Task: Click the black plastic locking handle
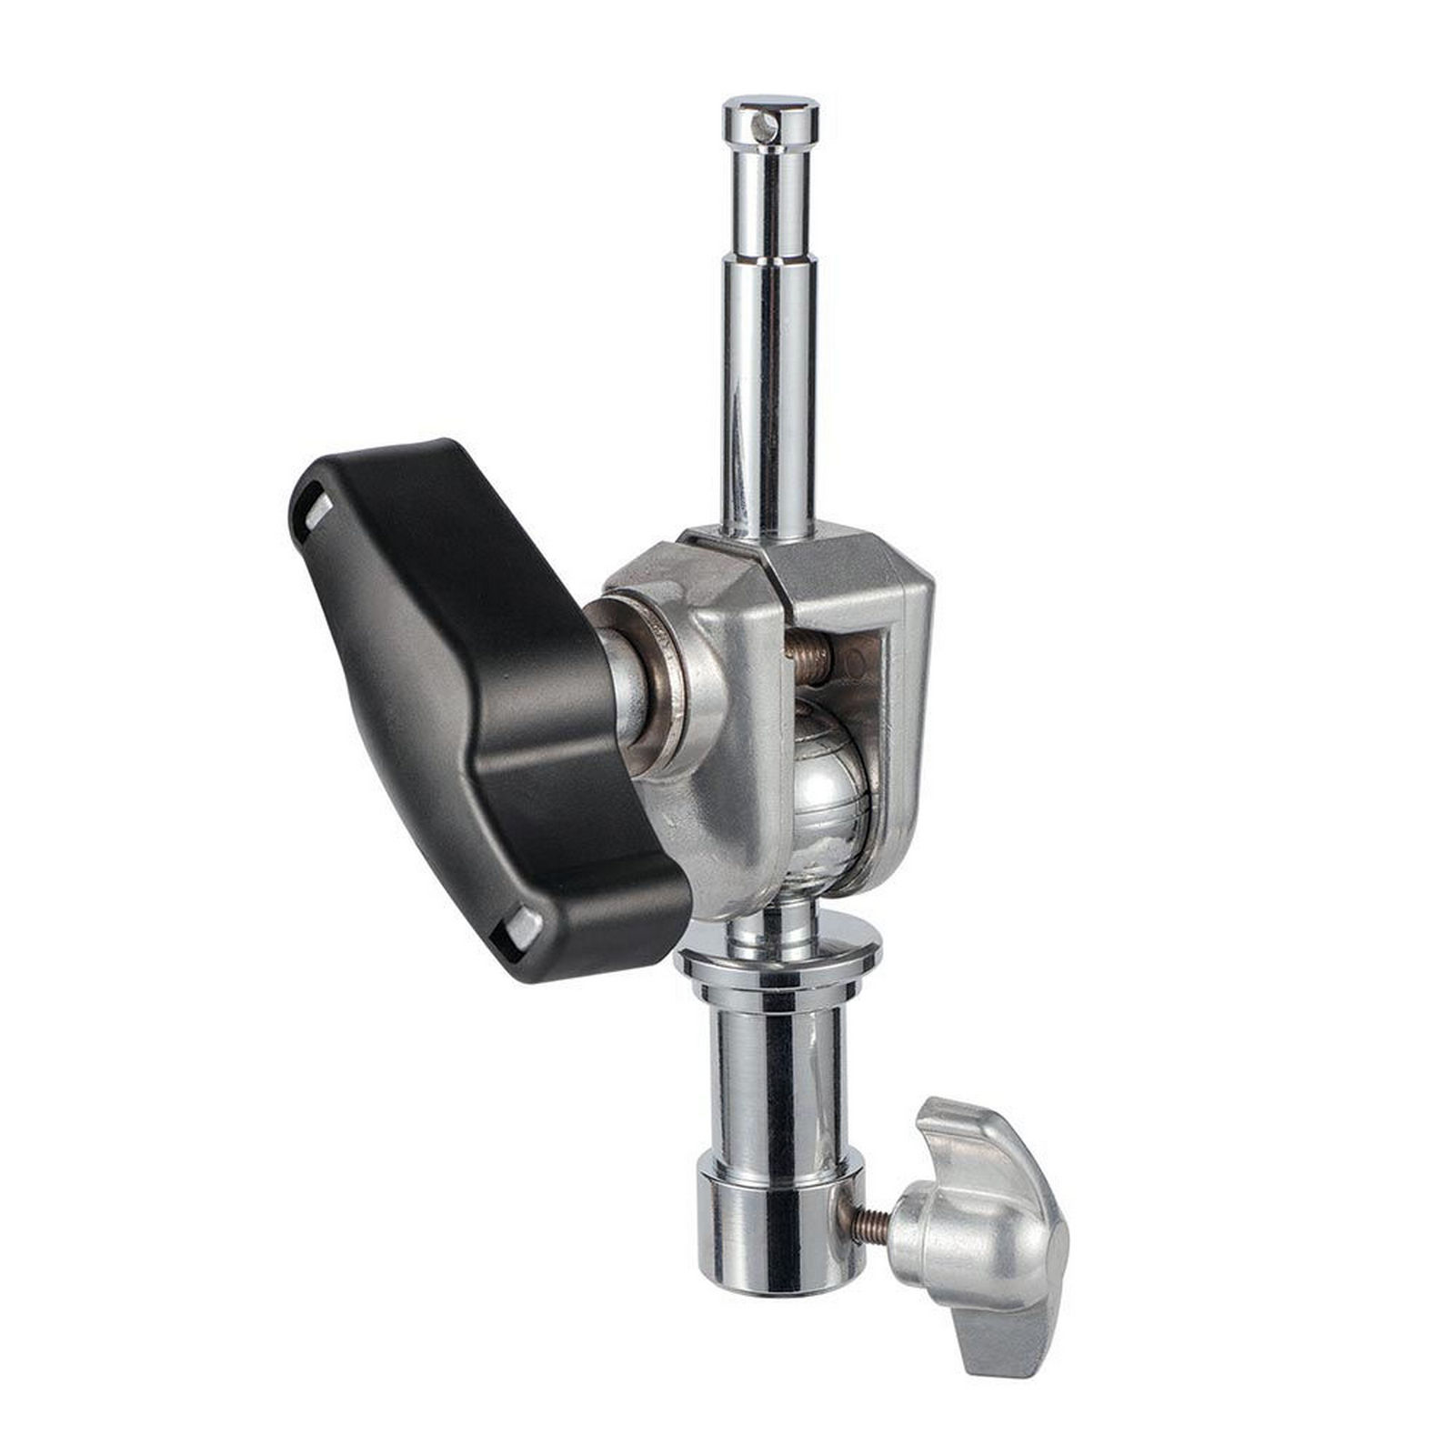[455, 691]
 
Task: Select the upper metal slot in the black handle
[317, 515]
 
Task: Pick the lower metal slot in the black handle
[523, 928]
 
